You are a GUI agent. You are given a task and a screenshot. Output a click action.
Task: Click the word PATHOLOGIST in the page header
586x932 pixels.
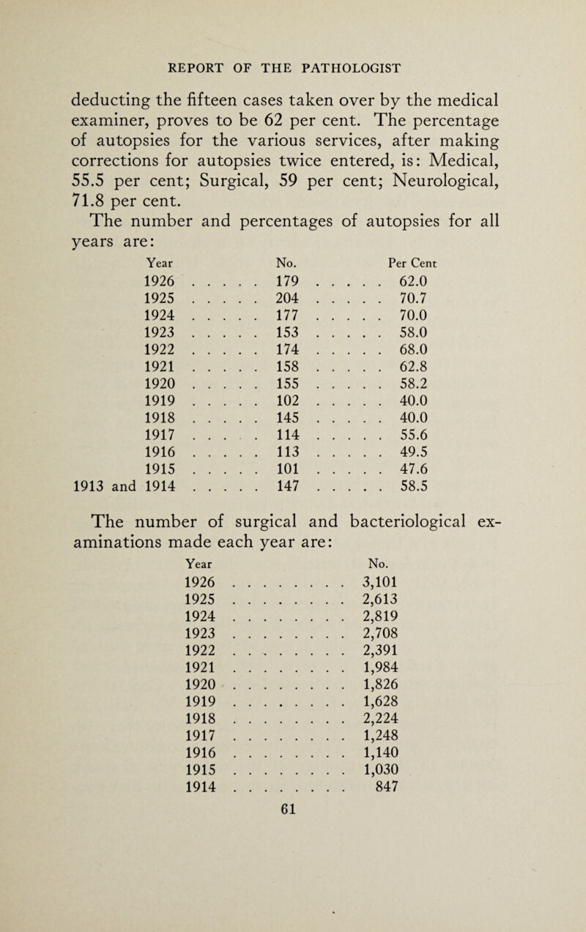(349, 70)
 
